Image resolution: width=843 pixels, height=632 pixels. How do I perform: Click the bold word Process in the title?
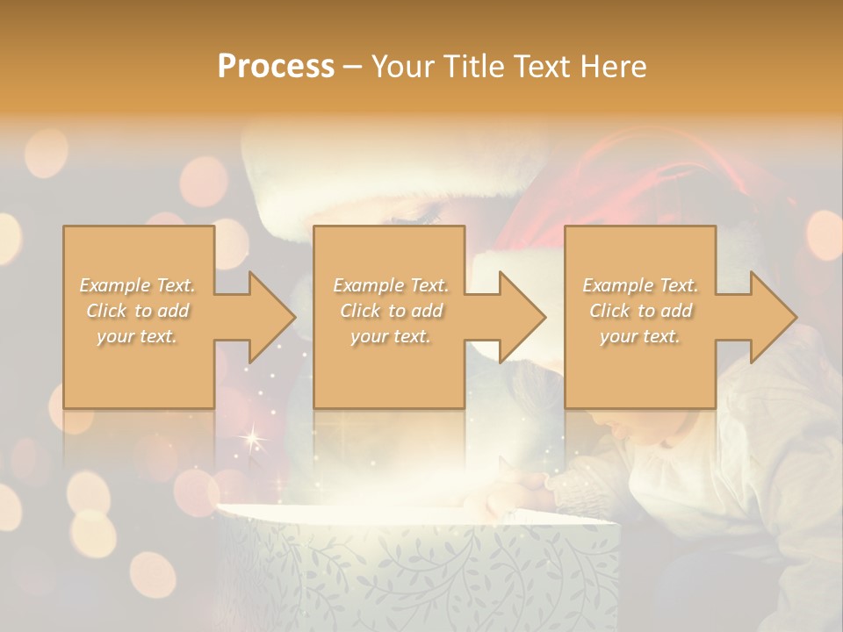tap(276, 67)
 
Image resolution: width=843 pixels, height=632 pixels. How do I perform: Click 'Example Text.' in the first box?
tap(138, 285)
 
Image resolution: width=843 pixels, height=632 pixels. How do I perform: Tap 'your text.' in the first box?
tap(138, 336)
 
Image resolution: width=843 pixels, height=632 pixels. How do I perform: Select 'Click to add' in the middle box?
tap(391, 311)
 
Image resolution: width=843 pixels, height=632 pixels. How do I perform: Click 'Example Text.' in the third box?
tap(640, 285)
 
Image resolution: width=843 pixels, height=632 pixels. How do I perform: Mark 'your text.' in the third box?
tap(640, 336)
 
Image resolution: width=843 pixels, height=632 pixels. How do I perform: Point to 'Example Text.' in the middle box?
tap(391, 285)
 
